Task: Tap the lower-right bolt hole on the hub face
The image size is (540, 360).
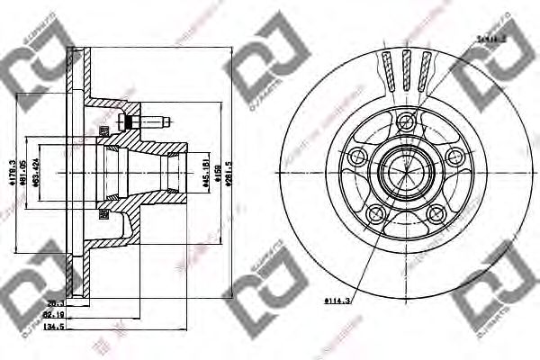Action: pos(436,213)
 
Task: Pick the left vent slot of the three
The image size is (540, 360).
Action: pos(388,69)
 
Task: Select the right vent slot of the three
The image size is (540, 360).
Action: pos(423,69)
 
